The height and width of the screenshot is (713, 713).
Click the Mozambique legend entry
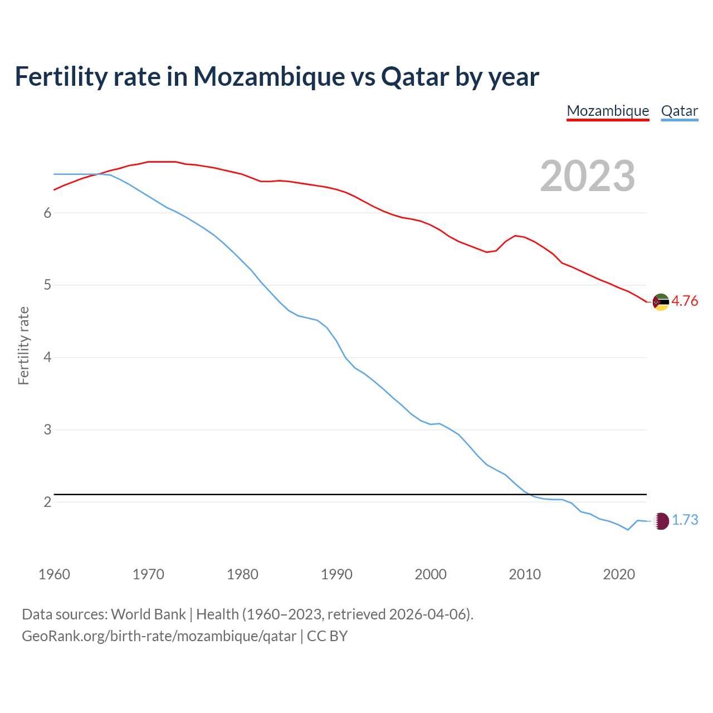click(608, 111)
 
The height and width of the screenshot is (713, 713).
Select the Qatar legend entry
click(679, 111)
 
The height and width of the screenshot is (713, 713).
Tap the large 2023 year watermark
click(587, 176)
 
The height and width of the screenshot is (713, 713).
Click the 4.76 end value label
click(685, 301)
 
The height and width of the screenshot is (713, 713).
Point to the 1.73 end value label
click(685, 520)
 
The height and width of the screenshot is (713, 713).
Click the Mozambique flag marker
click(661, 302)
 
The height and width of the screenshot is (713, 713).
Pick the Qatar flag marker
click(661, 521)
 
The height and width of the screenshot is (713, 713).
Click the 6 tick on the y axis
click(47, 213)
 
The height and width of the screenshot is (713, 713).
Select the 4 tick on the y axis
click(47, 358)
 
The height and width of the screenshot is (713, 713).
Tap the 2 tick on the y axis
click(47, 502)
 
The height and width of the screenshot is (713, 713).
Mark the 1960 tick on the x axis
click(54, 574)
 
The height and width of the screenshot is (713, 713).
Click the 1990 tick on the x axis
click(336, 574)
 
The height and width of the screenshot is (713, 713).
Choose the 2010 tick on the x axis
click(525, 574)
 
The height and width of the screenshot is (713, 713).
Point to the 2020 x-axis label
click(619, 574)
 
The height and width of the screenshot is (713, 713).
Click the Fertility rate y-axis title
click(23, 345)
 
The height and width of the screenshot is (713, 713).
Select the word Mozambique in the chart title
click(269, 77)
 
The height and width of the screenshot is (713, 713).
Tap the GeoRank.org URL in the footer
click(159, 636)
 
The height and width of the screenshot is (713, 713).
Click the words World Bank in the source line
click(148, 614)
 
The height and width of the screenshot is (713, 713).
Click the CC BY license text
click(327, 636)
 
